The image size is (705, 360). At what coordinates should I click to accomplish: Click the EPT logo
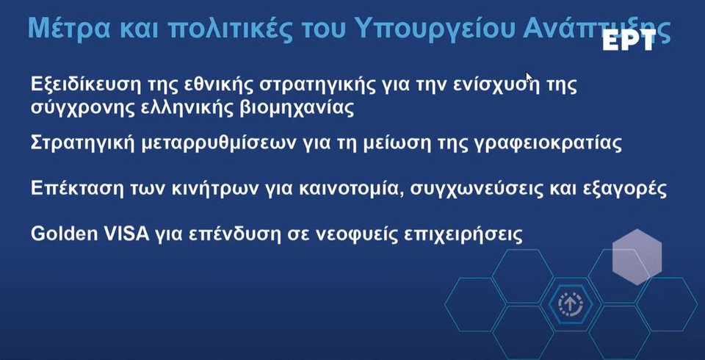point(629,41)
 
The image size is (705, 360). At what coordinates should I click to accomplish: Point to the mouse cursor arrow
point(529,78)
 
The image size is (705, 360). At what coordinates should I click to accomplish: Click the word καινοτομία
point(347,189)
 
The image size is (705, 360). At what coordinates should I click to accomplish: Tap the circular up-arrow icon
point(571,304)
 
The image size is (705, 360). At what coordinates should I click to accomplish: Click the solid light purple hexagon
point(637,256)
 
